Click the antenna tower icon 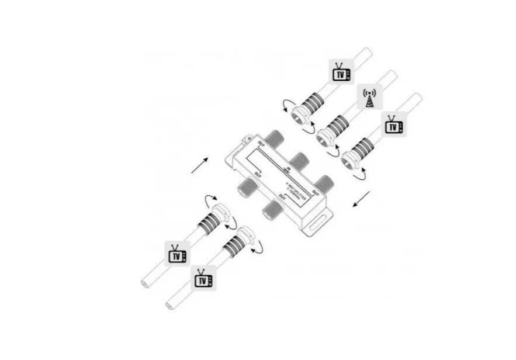pos(369,98)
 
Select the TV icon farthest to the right pos(393,126)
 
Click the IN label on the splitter pos(288,169)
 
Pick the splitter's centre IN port pos(299,158)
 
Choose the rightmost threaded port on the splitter pos(325,181)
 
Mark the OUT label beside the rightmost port pos(315,192)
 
